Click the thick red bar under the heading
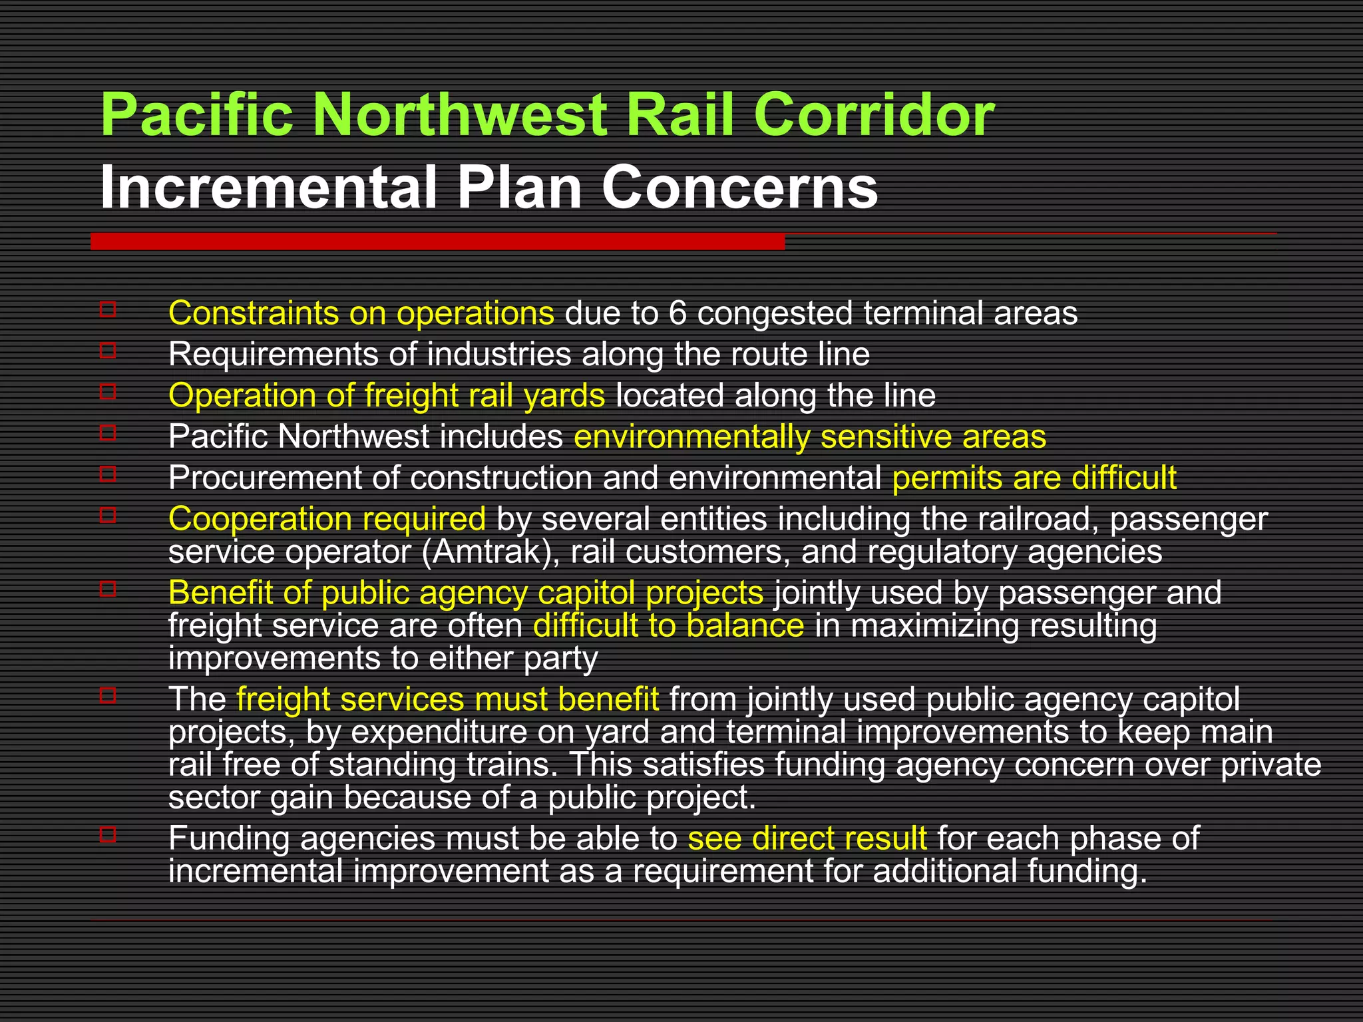point(437,242)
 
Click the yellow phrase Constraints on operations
point(361,313)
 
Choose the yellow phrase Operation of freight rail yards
point(386,396)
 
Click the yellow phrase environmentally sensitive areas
point(809,437)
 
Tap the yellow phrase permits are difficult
point(1034,478)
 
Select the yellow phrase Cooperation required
point(327,520)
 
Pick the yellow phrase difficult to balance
point(668,626)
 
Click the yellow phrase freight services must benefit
point(447,699)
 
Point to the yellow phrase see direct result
point(807,838)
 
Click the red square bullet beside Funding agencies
point(108,834)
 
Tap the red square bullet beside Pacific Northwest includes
point(108,432)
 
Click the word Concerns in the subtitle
point(739,188)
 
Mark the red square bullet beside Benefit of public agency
point(108,588)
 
